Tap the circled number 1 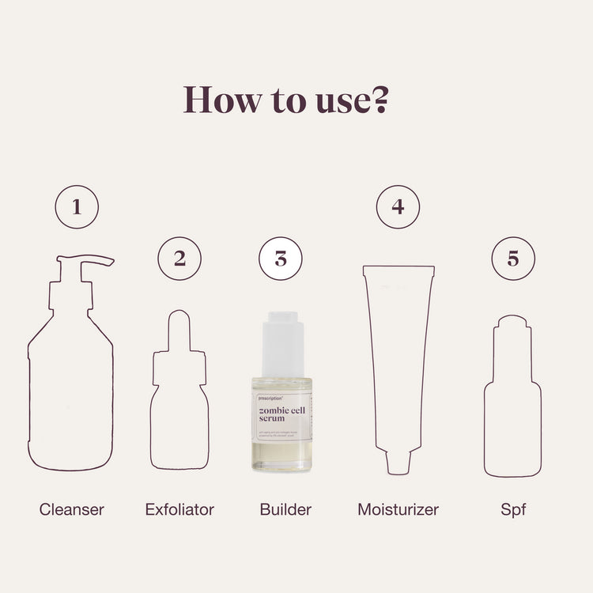pos(77,207)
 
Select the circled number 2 pos(179,258)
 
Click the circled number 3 pos(281,259)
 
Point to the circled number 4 pos(398,207)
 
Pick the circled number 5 pos(513,258)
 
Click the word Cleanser pos(72,509)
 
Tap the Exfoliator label pos(179,509)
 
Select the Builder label pos(285,509)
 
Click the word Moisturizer pos(398,509)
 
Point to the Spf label pos(513,509)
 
